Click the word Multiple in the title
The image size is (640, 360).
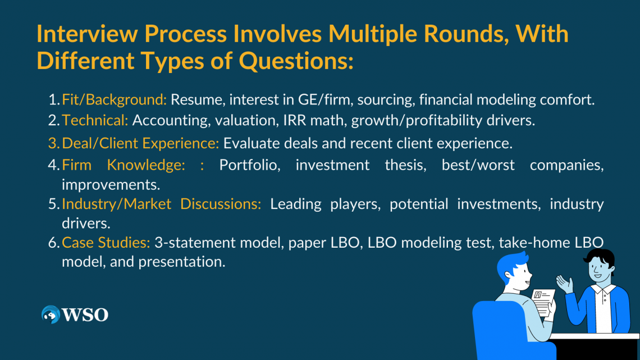click(x=373, y=34)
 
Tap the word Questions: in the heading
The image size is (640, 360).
click(x=296, y=61)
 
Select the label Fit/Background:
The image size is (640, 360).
click(x=115, y=99)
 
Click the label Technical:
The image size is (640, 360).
click(x=95, y=120)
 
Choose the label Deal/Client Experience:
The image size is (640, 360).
click(x=140, y=143)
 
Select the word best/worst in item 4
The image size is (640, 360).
click(x=478, y=165)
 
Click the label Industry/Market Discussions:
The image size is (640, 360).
click(x=162, y=204)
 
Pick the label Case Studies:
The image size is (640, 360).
click(x=106, y=243)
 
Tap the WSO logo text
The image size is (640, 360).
click(x=85, y=315)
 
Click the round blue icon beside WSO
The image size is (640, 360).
click(x=51, y=315)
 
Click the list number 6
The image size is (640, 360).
click(x=54, y=243)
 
